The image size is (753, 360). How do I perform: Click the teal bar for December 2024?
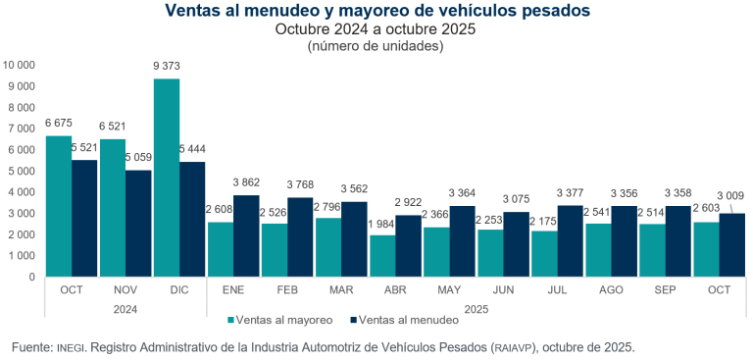coord(167,178)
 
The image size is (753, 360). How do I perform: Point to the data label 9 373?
coord(167,66)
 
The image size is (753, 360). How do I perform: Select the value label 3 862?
coord(247,183)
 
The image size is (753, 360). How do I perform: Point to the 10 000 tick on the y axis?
coord(20,65)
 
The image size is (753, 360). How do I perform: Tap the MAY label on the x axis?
coord(449,291)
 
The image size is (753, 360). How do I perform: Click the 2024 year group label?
coord(125,309)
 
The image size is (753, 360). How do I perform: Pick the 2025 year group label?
coord(475,309)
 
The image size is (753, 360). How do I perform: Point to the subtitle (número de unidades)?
coord(376,45)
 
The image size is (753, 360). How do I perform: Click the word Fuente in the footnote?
coord(32,347)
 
